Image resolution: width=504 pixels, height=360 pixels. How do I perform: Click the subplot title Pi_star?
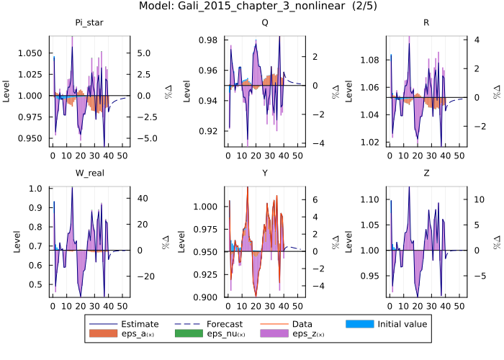89,22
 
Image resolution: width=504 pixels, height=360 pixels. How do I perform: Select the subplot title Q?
264,22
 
